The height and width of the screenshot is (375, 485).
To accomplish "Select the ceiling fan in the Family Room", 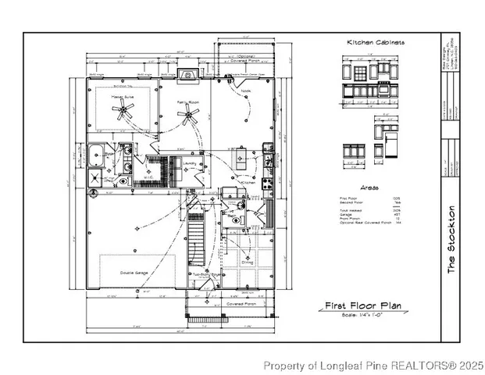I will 187,117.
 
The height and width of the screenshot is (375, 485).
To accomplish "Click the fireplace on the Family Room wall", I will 187,76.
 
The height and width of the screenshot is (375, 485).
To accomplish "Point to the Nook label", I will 246,91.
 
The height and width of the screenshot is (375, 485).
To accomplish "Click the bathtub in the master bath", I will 98,152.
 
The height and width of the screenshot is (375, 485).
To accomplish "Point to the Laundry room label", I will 190,163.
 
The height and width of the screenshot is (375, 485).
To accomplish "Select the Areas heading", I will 369,188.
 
